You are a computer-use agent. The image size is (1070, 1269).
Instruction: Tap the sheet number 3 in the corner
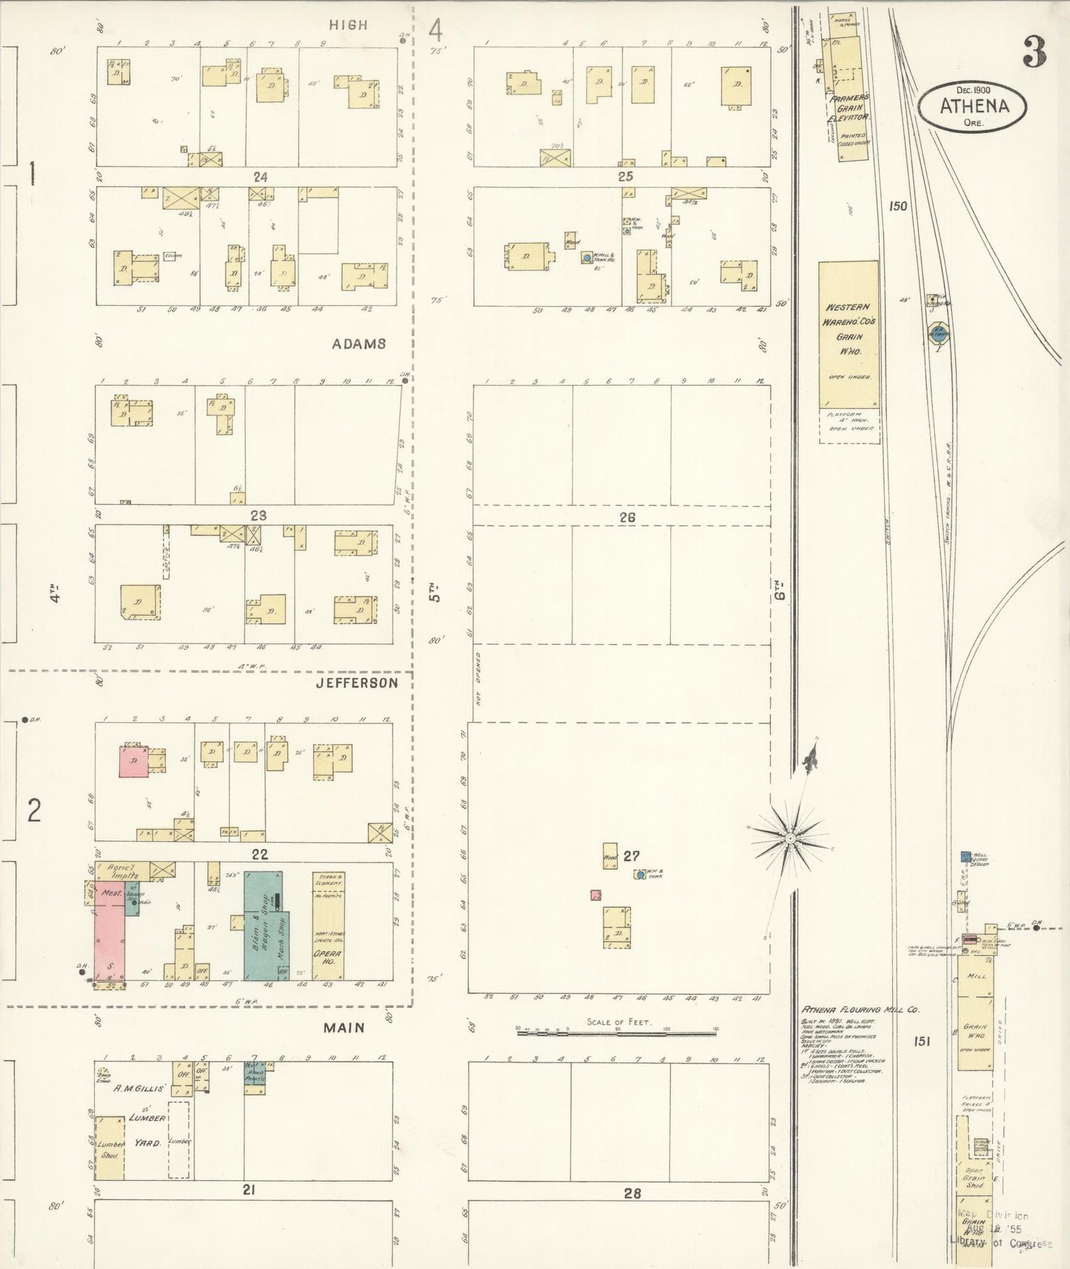click(1034, 50)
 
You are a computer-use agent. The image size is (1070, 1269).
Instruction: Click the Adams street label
click(358, 344)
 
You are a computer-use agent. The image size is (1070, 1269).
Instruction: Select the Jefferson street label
click(357, 683)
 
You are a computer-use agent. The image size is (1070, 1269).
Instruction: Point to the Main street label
click(344, 1027)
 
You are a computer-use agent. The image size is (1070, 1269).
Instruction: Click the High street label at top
click(348, 24)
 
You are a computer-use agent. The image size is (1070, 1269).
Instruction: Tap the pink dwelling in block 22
click(134, 762)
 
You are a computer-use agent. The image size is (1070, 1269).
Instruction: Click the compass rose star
click(790, 837)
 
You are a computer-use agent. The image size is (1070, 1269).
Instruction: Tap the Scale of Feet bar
click(616, 1031)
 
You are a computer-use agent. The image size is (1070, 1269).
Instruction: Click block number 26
click(627, 518)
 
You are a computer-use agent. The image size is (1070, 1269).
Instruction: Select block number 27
click(630, 856)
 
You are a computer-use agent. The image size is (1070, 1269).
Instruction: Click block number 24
click(259, 176)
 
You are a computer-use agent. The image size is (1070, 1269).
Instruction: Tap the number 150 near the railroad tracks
click(898, 206)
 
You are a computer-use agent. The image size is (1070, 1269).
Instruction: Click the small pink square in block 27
click(595, 895)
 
